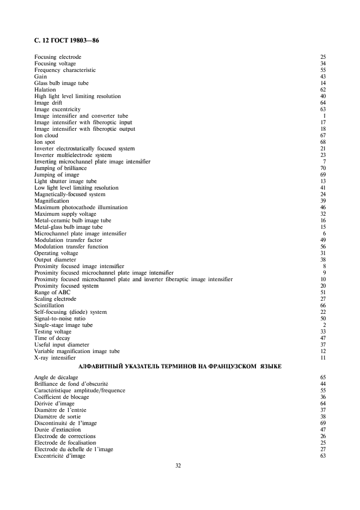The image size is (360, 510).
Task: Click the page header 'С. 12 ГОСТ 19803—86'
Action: (x=63, y=40)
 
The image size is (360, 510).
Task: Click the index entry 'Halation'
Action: (x=44, y=89)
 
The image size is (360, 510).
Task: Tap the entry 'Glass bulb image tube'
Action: (x=61, y=83)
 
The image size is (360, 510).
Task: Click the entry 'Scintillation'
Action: (x=48, y=306)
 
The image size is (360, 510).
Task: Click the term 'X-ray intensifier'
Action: (x=54, y=358)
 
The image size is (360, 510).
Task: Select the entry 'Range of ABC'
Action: (x=52, y=293)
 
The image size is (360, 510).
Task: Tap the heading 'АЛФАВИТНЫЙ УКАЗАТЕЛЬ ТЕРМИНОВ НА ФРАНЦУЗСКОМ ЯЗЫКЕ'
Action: (x=180, y=367)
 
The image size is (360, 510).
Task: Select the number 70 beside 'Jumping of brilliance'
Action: (x=322, y=168)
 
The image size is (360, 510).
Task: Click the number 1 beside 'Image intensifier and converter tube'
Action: (x=324, y=116)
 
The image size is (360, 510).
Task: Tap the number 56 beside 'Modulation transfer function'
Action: (x=322, y=247)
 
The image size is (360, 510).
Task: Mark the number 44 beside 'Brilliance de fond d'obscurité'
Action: (x=322, y=384)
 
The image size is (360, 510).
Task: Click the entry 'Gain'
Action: (x=40, y=76)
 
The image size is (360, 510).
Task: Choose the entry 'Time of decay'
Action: (x=53, y=338)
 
